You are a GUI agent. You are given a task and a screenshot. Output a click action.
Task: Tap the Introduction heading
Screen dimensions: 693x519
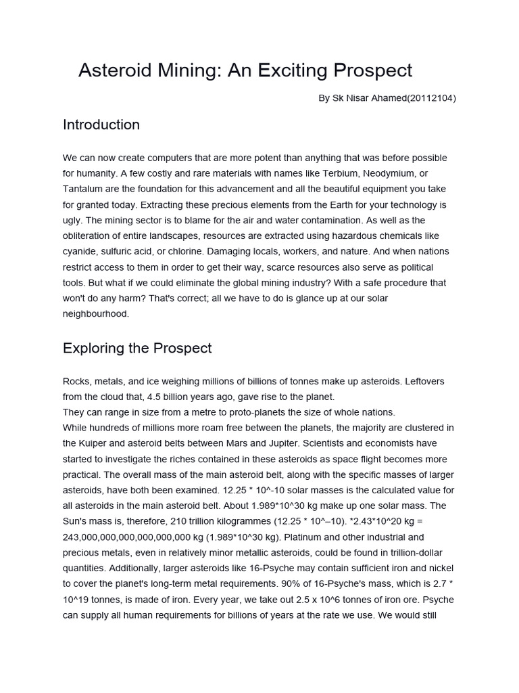[x=101, y=125]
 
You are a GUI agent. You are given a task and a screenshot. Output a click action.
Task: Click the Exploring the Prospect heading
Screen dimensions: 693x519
[x=137, y=349]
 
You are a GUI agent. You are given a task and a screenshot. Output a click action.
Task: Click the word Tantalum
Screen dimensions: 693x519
[x=84, y=189]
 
